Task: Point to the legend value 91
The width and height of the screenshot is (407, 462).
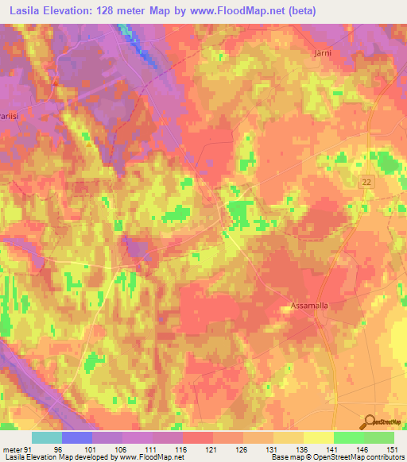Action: pos(29,449)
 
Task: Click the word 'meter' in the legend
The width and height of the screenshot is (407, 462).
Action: pos(12,449)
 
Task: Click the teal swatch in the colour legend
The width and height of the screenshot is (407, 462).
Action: pos(47,437)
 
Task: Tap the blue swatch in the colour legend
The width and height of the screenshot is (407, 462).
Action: pos(77,437)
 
